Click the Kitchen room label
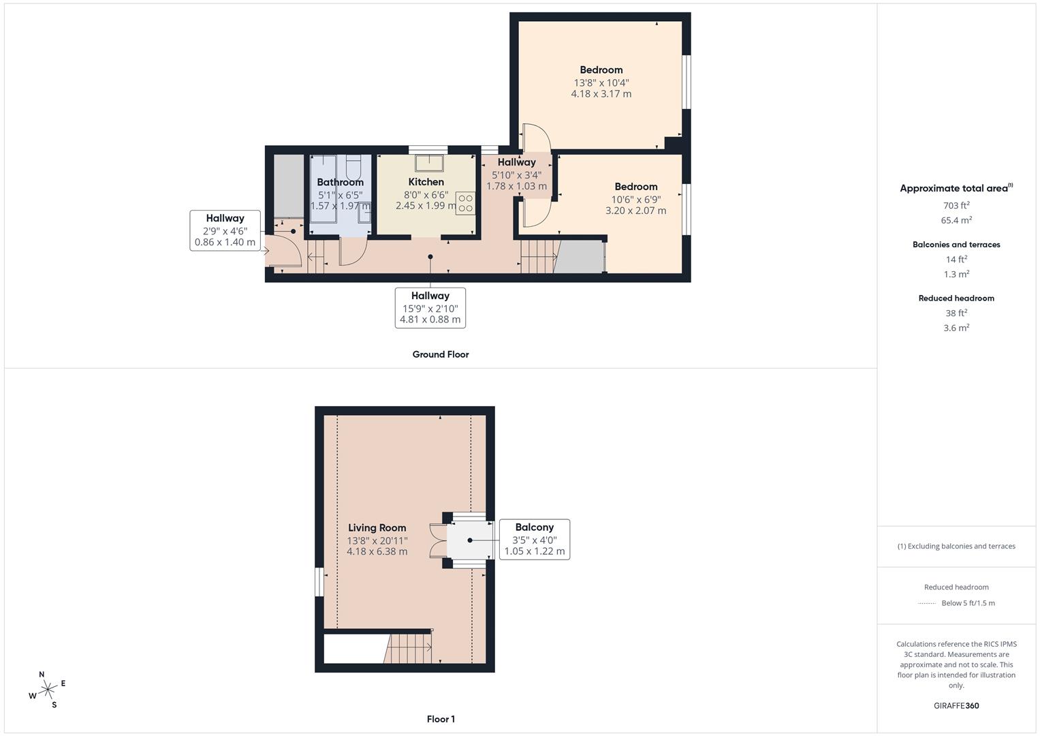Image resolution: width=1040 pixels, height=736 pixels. (426, 182)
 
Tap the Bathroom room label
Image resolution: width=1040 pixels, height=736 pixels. (340, 182)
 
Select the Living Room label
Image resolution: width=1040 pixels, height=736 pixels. (377, 528)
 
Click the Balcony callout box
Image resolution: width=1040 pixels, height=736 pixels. (535, 540)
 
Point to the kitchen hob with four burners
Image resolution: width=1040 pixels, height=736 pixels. (465, 203)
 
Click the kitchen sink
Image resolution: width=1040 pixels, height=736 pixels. (429, 163)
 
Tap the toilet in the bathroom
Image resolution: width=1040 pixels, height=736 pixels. (353, 167)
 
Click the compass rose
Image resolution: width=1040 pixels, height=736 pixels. (48, 690)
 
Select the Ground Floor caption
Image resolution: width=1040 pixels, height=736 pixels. (441, 354)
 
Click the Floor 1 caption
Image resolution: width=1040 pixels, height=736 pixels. (441, 719)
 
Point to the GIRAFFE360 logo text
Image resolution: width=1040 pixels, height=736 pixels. (956, 706)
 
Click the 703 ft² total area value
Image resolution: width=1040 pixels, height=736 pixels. (956, 205)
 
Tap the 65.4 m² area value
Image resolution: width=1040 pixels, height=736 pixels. (956, 219)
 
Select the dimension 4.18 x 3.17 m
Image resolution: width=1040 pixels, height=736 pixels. (601, 94)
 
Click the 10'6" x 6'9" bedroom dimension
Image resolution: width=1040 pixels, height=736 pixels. (636, 199)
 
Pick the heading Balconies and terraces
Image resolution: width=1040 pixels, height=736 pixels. (956, 245)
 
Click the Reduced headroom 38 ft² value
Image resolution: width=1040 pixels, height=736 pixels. (956, 313)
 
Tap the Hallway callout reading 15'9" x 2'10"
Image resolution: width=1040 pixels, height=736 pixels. (430, 307)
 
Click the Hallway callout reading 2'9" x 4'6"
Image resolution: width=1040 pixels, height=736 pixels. (225, 230)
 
